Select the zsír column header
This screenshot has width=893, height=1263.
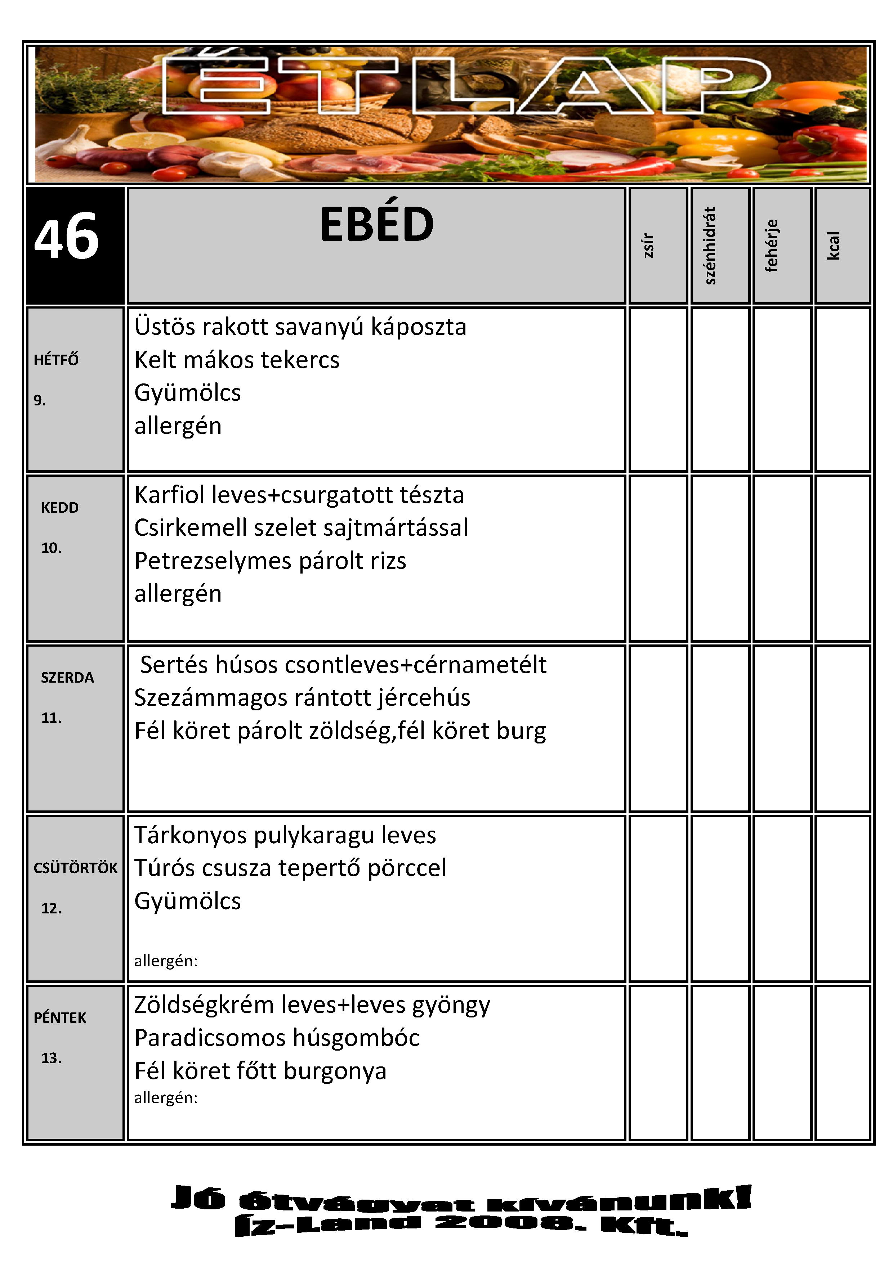(x=649, y=245)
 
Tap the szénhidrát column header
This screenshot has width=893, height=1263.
(x=710, y=245)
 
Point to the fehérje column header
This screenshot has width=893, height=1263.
(x=772, y=245)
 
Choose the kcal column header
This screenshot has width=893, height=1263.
(x=834, y=245)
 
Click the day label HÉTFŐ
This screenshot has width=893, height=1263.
(x=56, y=360)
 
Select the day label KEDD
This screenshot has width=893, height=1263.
(x=60, y=507)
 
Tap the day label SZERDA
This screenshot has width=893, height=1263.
(x=67, y=677)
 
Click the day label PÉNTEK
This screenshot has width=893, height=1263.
(x=60, y=1018)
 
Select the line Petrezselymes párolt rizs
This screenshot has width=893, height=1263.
(x=270, y=561)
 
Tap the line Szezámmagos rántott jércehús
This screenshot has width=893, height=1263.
(x=302, y=697)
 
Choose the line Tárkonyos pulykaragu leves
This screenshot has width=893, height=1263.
(x=285, y=835)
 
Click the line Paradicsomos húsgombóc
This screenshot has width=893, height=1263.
(x=277, y=1038)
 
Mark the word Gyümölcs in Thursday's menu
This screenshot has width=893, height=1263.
(x=188, y=901)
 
